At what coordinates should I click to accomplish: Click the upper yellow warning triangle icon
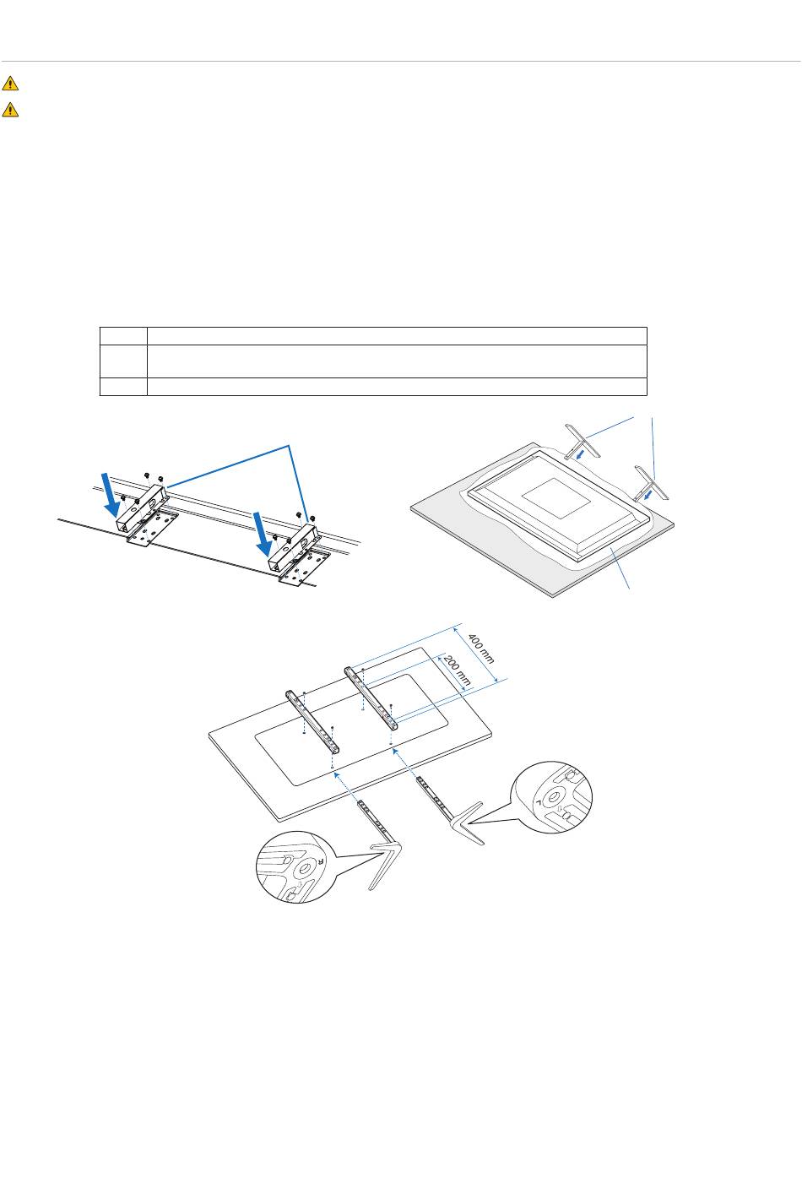coord(10,84)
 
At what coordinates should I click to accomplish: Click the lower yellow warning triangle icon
coord(10,109)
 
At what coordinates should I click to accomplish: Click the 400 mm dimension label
coord(481,648)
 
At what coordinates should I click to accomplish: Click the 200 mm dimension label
coord(457,671)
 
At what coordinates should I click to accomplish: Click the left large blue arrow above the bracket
coord(112,495)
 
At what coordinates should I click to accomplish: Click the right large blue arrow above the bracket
coord(263,535)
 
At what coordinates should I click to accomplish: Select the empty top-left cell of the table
coord(123,336)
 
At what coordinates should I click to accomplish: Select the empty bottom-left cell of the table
coord(123,387)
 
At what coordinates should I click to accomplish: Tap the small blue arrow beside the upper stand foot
coord(582,454)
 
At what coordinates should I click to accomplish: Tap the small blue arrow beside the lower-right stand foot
coord(648,495)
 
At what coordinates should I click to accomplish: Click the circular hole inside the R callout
coord(305,869)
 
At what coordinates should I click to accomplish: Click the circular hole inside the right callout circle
coord(553,797)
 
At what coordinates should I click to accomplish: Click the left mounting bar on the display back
coord(312,721)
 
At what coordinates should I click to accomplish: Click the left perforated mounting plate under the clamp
coord(152,528)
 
